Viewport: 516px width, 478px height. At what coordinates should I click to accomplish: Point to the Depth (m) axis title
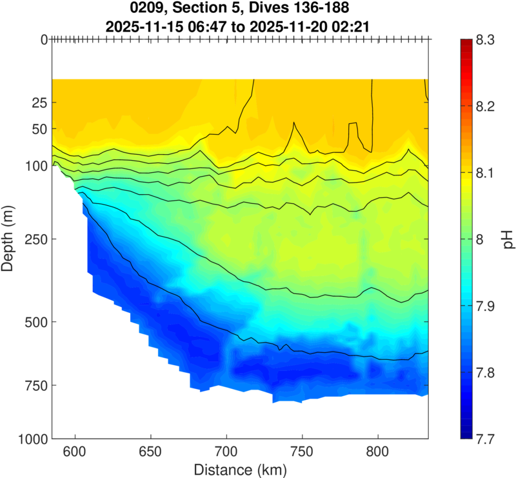click(x=11, y=239)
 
